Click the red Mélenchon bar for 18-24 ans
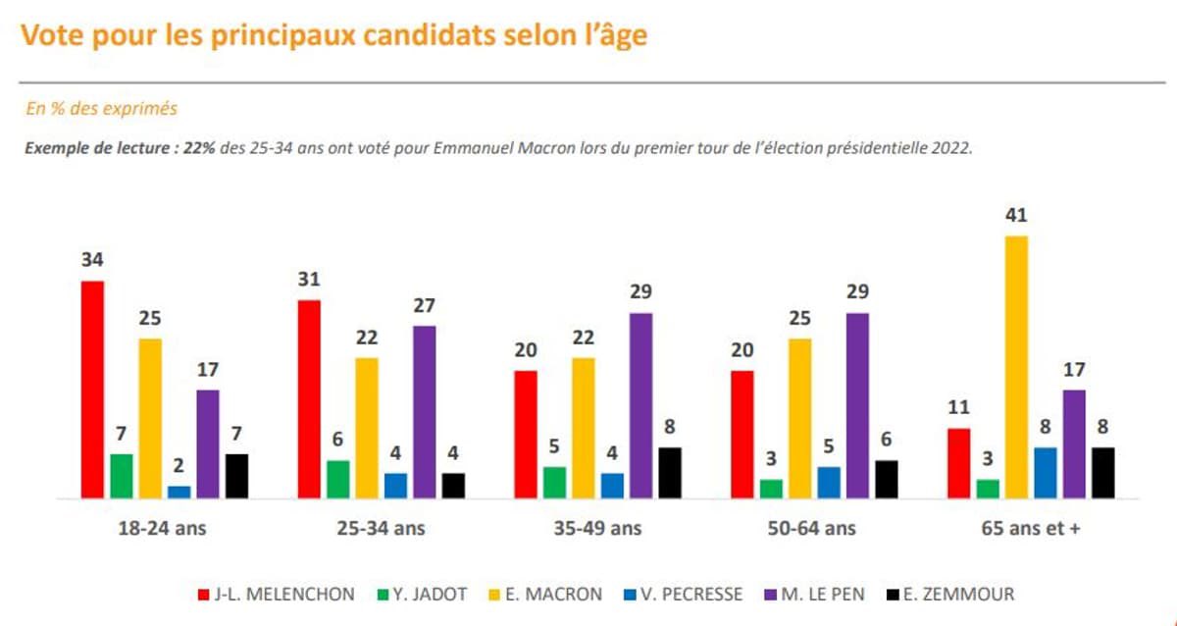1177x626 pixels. click(x=92, y=390)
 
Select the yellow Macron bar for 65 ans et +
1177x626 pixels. click(x=1016, y=367)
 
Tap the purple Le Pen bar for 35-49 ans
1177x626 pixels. click(x=640, y=405)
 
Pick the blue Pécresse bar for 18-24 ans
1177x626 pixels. click(x=179, y=493)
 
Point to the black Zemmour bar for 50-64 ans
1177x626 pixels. click(x=886, y=480)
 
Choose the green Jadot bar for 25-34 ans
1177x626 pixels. click(x=337, y=480)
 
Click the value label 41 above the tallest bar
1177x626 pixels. click(x=1016, y=216)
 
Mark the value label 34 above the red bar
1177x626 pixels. click(x=92, y=261)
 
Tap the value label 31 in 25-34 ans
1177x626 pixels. click(x=309, y=280)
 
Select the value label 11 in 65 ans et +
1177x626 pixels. click(x=958, y=408)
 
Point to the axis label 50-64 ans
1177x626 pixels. click(x=813, y=528)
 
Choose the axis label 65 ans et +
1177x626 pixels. click(x=1030, y=528)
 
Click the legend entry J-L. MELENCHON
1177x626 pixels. click(x=278, y=594)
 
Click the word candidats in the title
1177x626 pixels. click(x=434, y=36)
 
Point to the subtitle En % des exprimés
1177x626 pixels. click(x=101, y=109)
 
